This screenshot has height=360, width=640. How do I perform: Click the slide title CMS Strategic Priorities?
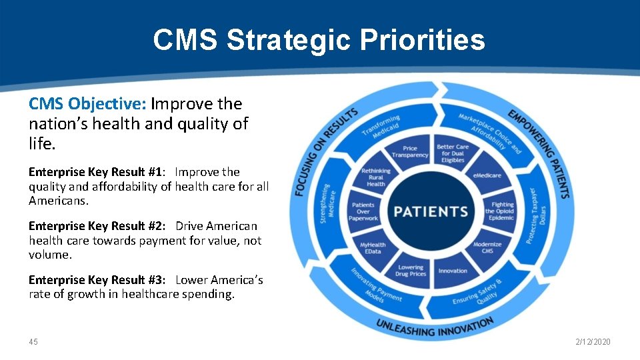[319, 39]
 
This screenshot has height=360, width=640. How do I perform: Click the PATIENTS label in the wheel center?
[430, 212]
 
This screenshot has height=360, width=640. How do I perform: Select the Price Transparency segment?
[410, 152]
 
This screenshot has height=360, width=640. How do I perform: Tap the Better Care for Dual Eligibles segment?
[453, 153]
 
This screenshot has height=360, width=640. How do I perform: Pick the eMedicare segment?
[487, 175]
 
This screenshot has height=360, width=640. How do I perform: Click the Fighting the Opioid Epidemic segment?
[502, 211]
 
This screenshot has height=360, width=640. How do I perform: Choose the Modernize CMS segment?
[487, 248]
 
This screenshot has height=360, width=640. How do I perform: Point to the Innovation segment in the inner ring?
[453, 271]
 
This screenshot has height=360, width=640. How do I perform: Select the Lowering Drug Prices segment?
[410, 271]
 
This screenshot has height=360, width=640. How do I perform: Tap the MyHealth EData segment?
[373, 248]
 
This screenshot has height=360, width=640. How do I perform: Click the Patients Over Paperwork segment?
[364, 211]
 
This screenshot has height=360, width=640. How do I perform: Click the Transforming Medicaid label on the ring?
[381, 124]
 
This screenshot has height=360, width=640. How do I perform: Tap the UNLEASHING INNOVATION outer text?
[435, 326]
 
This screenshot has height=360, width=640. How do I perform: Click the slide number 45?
[33, 342]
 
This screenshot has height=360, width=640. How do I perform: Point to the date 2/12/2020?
[593, 342]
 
